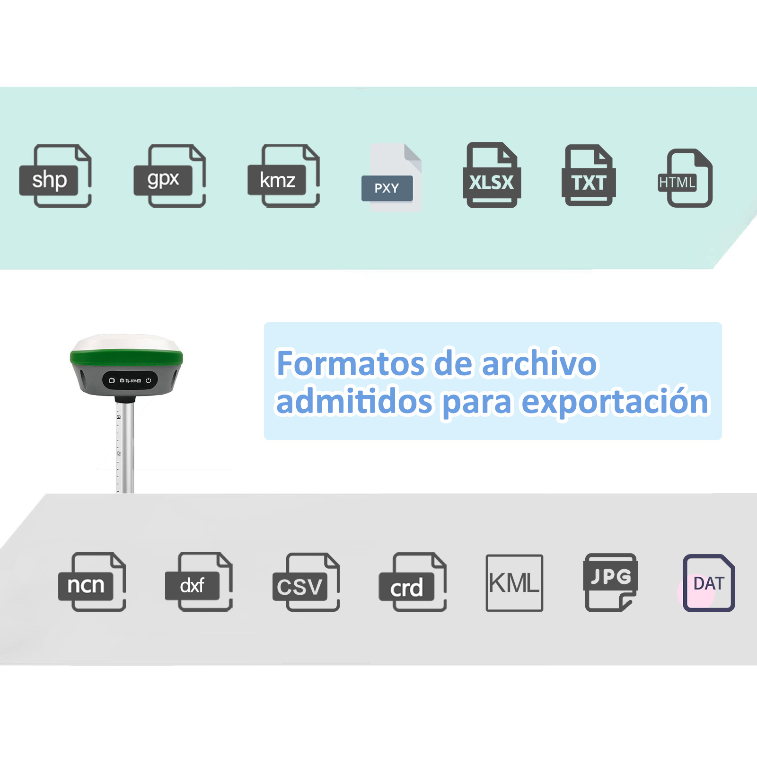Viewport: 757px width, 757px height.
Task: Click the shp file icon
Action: pyautogui.click(x=55, y=176)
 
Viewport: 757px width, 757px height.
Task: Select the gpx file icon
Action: pyautogui.click(x=170, y=176)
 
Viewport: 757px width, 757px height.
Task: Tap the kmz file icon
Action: pyautogui.click(x=284, y=176)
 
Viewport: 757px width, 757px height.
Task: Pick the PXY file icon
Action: pyautogui.click(x=391, y=177)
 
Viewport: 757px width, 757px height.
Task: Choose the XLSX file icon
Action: pyautogui.click(x=492, y=175)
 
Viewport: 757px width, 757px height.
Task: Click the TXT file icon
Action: pyautogui.click(x=589, y=176)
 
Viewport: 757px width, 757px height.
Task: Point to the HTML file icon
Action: pyautogui.click(x=686, y=178)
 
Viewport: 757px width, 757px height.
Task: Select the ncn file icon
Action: pyautogui.click(x=92, y=582)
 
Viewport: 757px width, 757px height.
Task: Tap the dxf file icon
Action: pyautogui.click(x=199, y=582)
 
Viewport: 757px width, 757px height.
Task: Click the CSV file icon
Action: pyautogui.click(x=306, y=582)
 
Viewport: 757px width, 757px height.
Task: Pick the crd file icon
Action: pyautogui.click(x=413, y=582)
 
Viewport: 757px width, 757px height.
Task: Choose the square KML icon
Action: pyautogui.click(x=514, y=583)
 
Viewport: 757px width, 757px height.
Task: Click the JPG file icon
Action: pyautogui.click(x=611, y=582)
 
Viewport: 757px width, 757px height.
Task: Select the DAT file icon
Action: pyautogui.click(x=708, y=583)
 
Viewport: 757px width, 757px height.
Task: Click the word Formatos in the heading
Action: pyautogui.click(x=351, y=363)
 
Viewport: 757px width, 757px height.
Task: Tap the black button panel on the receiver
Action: pyautogui.click(x=130, y=380)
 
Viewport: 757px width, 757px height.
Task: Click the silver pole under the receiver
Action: pyautogui.click(x=125, y=448)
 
